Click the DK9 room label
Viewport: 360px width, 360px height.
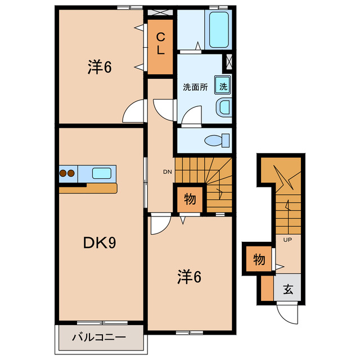[100, 243]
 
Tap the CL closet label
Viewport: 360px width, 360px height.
[160, 44]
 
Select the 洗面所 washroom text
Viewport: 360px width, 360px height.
[195, 87]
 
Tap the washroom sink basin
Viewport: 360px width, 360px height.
[224, 106]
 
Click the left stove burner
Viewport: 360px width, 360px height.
[63, 173]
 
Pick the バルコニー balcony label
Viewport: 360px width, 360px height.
[98, 339]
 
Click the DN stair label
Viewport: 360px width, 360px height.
[167, 172]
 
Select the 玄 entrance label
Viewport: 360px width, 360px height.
[288, 290]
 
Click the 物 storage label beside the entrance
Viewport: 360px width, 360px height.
[259, 260]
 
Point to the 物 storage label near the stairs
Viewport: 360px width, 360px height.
[189, 199]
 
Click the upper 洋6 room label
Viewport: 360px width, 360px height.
[100, 67]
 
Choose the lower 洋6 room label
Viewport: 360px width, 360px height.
[190, 277]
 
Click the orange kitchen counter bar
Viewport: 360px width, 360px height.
[87, 188]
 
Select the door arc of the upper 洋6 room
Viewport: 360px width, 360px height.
[134, 110]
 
